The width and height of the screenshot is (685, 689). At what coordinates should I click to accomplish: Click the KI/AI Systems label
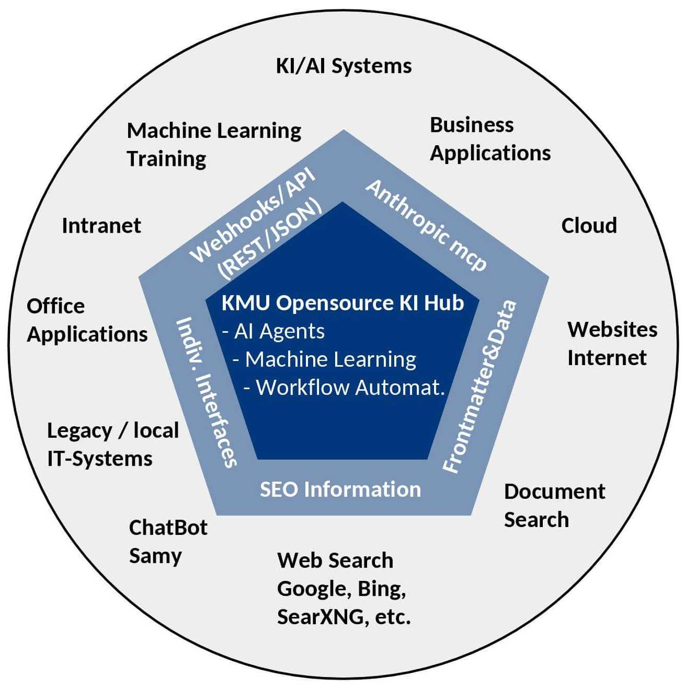[344, 66]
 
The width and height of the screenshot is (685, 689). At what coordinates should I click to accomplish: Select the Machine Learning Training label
[214, 144]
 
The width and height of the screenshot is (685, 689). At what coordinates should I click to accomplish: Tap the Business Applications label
[490, 139]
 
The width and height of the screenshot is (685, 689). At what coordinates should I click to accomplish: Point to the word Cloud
[589, 226]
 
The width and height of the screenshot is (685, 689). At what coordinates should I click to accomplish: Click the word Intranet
[101, 226]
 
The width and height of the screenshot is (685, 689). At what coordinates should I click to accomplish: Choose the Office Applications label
[87, 320]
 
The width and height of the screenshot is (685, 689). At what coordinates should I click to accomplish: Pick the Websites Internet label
[612, 343]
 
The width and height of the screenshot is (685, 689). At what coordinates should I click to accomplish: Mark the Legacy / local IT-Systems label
[112, 445]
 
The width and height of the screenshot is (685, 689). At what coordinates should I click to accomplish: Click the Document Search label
[554, 506]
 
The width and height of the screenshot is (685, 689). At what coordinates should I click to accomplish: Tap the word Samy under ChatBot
[155, 556]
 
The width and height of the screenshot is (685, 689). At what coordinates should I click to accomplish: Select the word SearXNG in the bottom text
[321, 617]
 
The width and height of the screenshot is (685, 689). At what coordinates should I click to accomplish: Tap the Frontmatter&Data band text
[480, 387]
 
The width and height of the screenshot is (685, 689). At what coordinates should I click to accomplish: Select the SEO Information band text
[340, 489]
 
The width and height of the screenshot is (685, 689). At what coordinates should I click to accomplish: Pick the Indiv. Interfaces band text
[207, 392]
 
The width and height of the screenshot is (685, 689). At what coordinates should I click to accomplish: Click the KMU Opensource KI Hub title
[342, 303]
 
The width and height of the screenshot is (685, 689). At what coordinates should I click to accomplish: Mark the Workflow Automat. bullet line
[345, 388]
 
